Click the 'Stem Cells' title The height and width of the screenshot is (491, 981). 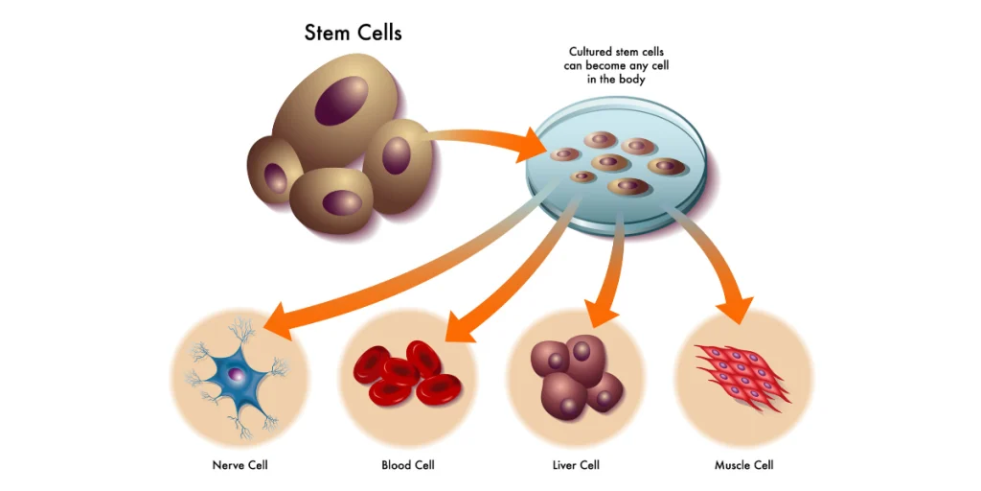[353, 33]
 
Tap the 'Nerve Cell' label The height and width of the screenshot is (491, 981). [240, 466]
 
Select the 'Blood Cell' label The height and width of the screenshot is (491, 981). [409, 466]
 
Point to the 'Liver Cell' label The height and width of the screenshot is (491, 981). [578, 466]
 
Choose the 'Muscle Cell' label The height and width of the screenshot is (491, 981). [744, 466]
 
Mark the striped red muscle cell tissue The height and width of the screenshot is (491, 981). [743, 374]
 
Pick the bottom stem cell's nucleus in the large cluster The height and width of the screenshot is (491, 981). [338, 202]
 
